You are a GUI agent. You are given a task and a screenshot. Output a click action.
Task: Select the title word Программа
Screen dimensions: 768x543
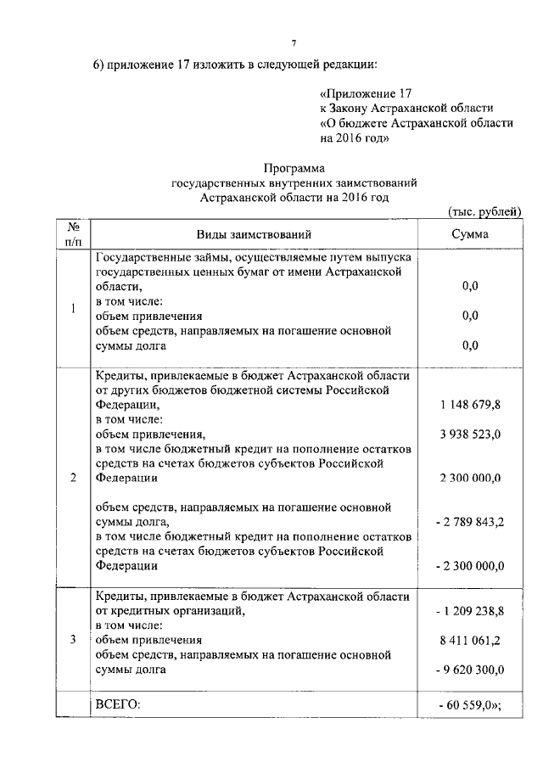(x=294, y=168)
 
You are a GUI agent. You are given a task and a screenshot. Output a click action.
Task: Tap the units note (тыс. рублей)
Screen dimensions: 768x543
(x=484, y=212)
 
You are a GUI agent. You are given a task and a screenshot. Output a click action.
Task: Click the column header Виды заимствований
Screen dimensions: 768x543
(x=255, y=234)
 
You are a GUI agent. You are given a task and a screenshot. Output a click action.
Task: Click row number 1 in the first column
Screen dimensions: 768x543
(x=73, y=308)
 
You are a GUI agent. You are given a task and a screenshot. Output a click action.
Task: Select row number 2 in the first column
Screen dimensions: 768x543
(x=73, y=478)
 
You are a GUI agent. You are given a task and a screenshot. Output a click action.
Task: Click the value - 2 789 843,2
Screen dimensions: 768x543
(x=468, y=522)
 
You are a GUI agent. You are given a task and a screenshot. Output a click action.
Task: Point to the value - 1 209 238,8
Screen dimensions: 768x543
(x=468, y=610)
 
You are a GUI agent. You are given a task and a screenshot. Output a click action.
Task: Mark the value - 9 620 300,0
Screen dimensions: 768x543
(x=468, y=670)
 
